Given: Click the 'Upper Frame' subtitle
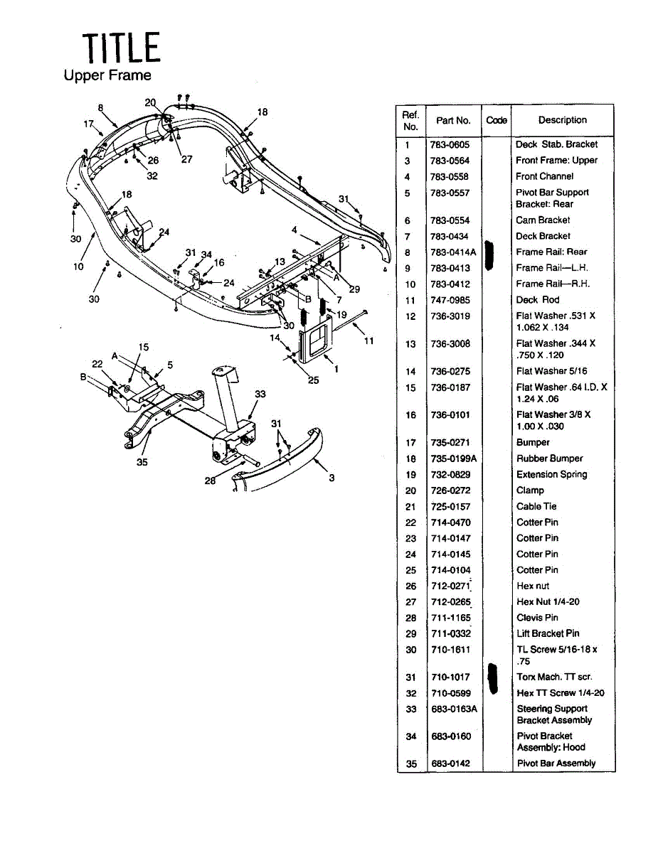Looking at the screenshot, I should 107,75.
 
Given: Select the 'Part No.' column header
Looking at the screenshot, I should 453,120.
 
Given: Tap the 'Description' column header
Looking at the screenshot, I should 562,120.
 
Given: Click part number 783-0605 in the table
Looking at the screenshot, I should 450,144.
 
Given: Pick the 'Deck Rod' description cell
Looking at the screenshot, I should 538,300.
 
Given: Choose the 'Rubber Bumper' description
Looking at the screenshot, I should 549,458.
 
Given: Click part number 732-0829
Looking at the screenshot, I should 450,475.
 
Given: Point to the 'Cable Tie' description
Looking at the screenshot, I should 536,507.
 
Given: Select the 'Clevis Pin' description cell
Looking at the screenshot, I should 537,618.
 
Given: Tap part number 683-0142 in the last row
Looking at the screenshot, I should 450,763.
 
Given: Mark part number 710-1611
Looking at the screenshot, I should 450,650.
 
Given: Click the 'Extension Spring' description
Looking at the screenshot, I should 551,475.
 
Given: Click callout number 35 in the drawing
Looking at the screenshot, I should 142,462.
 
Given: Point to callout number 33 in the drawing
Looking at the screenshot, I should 260,394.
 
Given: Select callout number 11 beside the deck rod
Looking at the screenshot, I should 368,341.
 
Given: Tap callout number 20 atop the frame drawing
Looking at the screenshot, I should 150,102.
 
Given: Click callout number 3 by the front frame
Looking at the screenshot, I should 331,478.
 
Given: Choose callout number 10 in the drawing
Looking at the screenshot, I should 78,267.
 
